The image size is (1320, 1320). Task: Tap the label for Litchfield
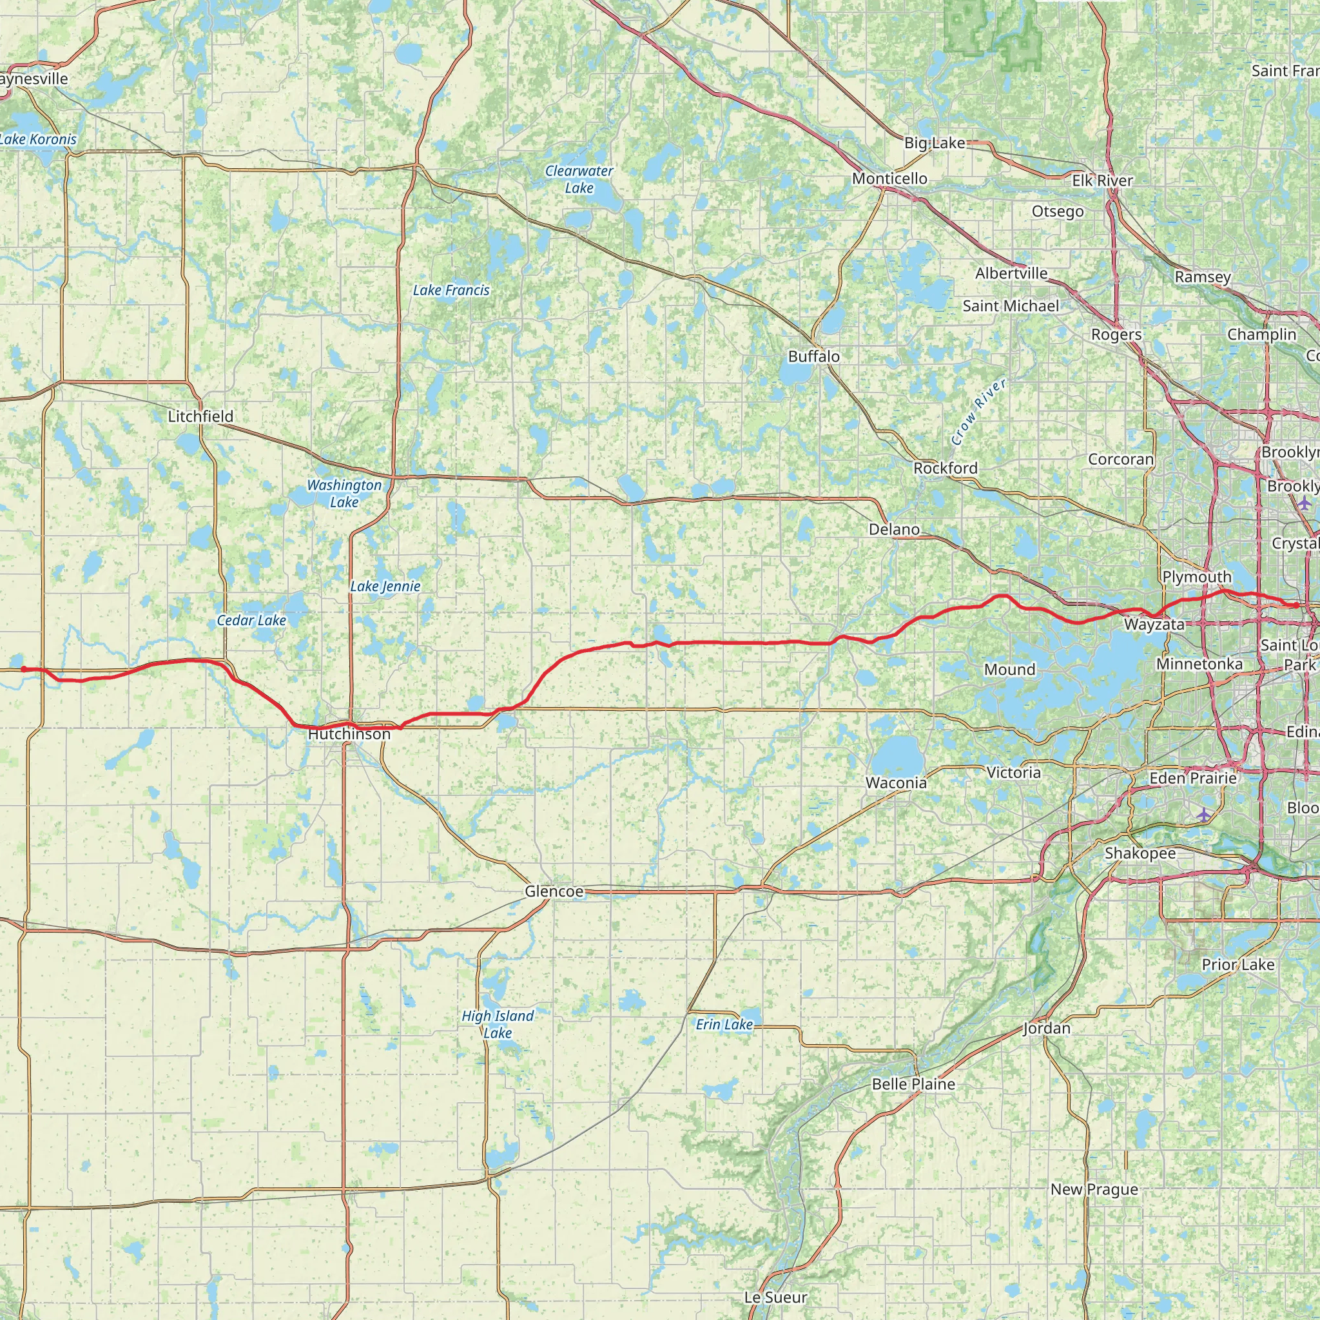(x=200, y=416)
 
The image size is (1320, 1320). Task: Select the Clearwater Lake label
(x=579, y=179)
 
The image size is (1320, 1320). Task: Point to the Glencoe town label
(x=554, y=891)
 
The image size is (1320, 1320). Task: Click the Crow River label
(x=978, y=413)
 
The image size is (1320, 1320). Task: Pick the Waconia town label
(x=896, y=783)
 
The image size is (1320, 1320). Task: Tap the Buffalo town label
(x=814, y=356)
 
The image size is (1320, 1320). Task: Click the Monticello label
(x=889, y=179)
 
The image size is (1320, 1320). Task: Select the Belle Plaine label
(x=913, y=1084)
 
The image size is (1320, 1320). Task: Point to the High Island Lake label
(x=498, y=1024)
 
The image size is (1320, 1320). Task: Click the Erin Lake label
(x=724, y=1025)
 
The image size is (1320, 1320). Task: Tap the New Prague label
(x=1094, y=1190)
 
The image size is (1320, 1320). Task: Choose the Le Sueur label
(x=775, y=1297)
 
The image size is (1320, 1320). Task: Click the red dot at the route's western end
(x=24, y=669)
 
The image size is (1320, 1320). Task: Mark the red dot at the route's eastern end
(x=1296, y=605)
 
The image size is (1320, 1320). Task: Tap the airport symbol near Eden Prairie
(x=1203, y=815)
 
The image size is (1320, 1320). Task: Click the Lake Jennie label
(x=385, y=587)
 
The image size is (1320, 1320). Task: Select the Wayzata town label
(x=1154, y=625)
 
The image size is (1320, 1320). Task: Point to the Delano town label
(x=894, y=530)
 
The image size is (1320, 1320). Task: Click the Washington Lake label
(x=344, y=493)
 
